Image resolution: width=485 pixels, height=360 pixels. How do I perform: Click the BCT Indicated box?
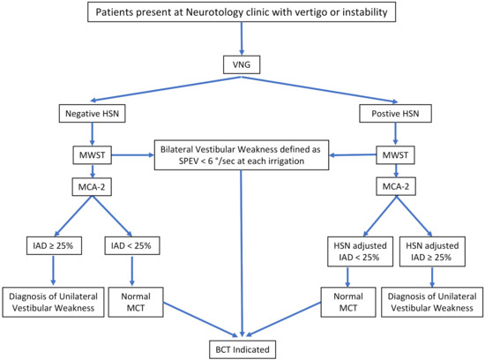(242, 348)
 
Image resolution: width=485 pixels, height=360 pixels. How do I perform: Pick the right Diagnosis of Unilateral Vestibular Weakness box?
(431, 299)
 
